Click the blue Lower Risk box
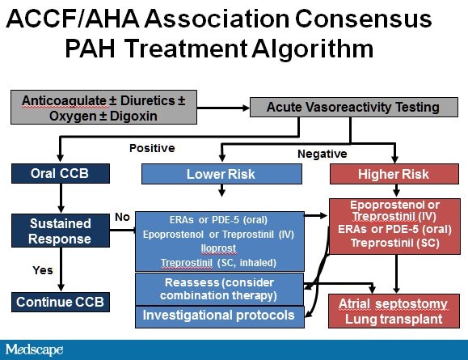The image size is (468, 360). (x=220, y=173)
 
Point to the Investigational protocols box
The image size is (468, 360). (x=220, y=315)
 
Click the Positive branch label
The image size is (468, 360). (x=152, y=148)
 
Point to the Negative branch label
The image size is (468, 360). (x=322, y=154)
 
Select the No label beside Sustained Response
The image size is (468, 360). (x=122, y=217)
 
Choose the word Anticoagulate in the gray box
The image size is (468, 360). (x=59, y=100)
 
